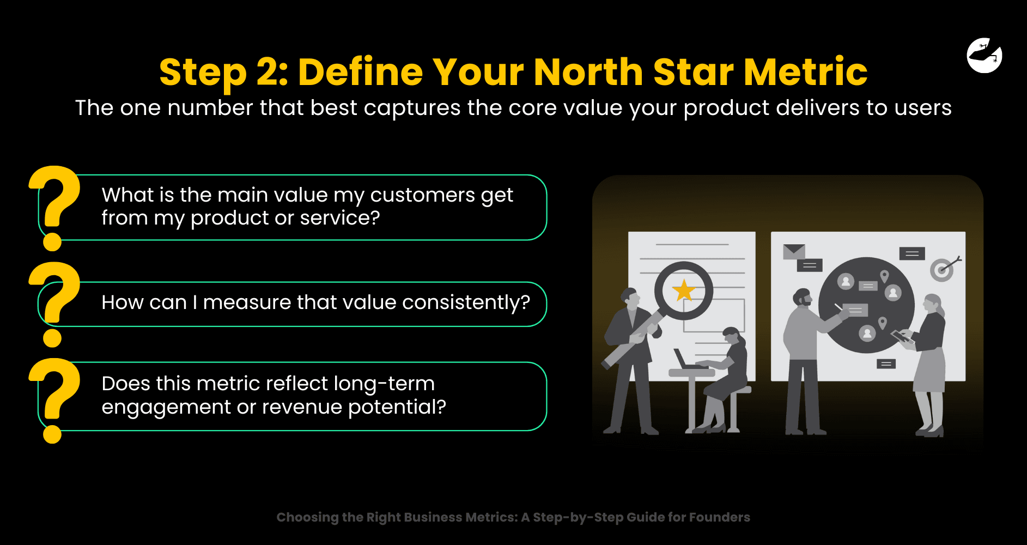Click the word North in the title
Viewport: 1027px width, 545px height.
588,72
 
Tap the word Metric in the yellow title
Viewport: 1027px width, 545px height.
806,72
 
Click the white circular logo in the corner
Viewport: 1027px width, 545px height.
985,55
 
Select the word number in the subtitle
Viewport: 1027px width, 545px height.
210,108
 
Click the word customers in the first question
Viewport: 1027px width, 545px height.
423,195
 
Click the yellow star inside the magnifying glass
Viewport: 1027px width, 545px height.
684,290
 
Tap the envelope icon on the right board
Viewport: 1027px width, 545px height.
794,251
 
